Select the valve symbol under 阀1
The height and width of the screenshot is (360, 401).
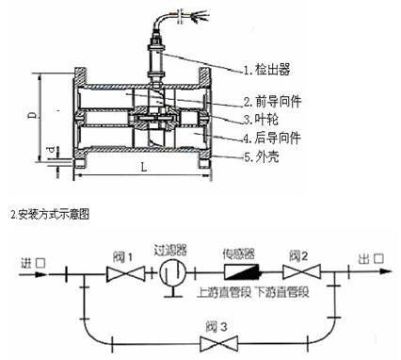123,274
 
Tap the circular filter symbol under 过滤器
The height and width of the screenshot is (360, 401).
169,274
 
